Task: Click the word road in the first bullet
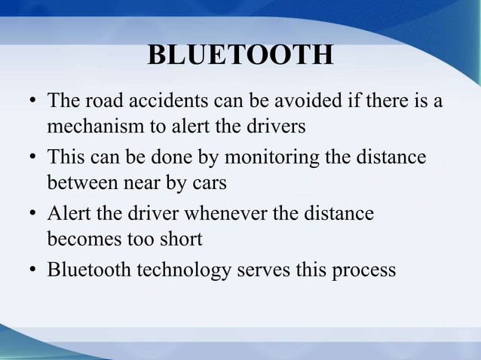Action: click(96, 100)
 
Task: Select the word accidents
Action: click(155, 100)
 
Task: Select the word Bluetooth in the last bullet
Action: click(88, 270)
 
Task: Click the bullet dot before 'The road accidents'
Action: click(35, 101)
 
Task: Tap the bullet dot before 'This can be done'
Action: click(35, 158)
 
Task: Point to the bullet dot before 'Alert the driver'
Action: click(35, 214)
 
